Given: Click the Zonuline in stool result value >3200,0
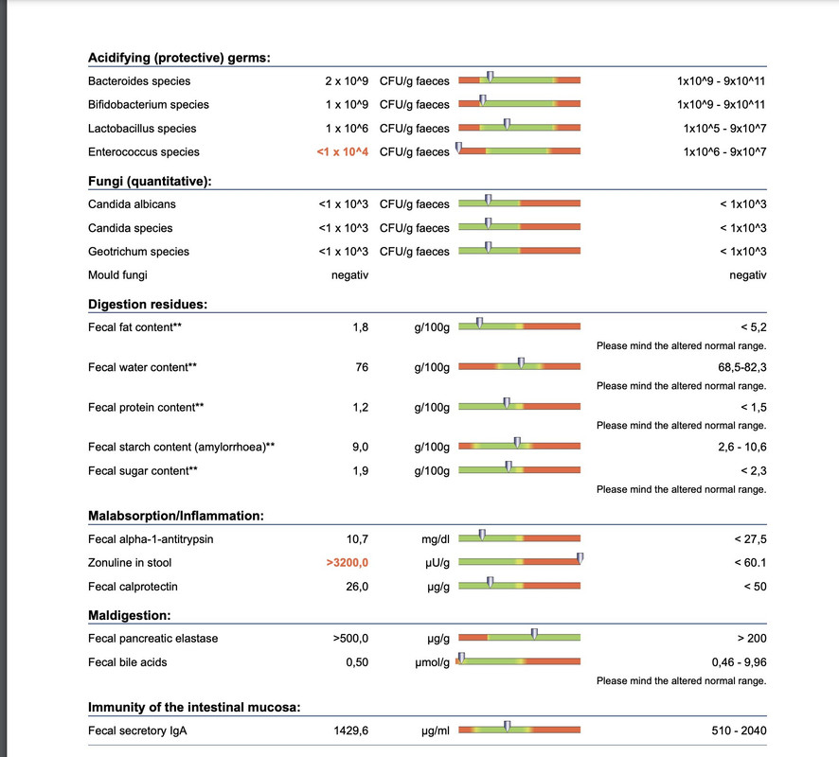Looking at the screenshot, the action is coord(348,563).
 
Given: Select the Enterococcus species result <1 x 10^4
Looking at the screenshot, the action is coord(343,151).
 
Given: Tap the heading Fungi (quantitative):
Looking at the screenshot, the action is coord(150,182).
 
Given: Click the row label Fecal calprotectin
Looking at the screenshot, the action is coord(133,587).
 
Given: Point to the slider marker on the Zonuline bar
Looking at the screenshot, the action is coord(580,558).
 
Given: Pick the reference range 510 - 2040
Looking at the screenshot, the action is coord(739,731).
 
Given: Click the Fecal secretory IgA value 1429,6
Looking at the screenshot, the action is coord(351,731).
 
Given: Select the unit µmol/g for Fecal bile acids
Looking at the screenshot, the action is coord(433,663).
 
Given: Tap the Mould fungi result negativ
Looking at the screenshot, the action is coord(350,275).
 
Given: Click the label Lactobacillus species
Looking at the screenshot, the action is coord(142,129).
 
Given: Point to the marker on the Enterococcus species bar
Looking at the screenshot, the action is coord(458,148).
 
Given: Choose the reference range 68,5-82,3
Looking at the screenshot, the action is coord(742,367).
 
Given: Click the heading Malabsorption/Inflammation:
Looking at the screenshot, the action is coord(176,516).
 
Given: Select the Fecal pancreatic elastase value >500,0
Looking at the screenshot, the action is coord(350,639).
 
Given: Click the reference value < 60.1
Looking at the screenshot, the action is coord(750,563).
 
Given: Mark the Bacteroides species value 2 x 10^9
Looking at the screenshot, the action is coord(347,81).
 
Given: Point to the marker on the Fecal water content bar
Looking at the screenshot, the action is coord(521,363).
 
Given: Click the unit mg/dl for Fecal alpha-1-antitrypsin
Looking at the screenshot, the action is coord(436,539).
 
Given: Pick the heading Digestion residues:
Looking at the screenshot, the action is coord(148,304).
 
